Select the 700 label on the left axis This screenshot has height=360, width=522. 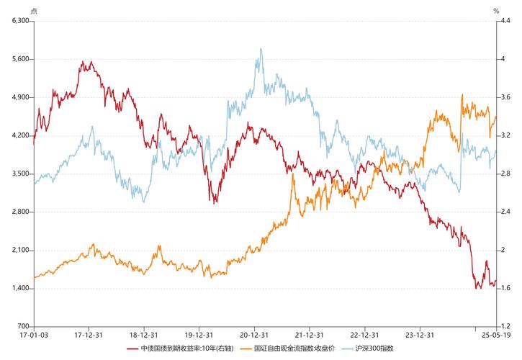click(x=22, y=326)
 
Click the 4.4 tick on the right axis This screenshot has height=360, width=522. click(x=505, y=20)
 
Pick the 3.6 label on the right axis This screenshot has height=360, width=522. click(x=505, y=96)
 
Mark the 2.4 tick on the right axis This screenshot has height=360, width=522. click(x=505, y=212)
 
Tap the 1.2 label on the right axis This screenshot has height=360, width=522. click(x=505, y=326)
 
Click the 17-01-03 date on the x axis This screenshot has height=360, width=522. click(x=33, y=335)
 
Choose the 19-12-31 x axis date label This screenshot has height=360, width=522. click(x=199, y=335)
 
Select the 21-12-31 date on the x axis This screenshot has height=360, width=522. click(x=309, y=335)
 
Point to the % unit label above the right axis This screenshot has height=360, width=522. click(x=496, y=11)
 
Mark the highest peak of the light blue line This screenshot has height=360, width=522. click(x=259, y=49)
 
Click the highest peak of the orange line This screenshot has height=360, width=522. click(x=462, y=94)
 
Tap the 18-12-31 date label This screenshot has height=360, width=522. click(x=143, y=335)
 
